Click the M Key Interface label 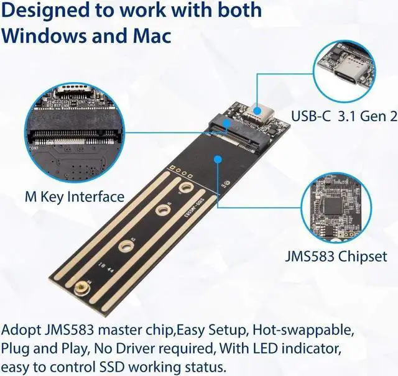coord(75,197)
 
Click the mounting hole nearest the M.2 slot coord(185,188)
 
